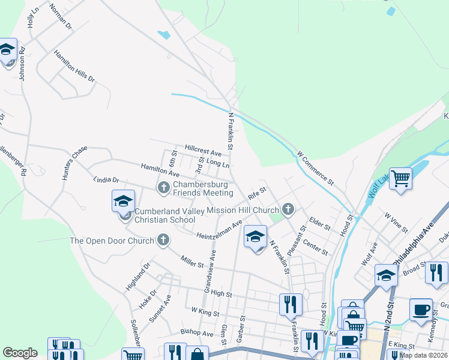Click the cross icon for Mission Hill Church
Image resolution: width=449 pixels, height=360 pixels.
pyautogui.click(x=288, y=210)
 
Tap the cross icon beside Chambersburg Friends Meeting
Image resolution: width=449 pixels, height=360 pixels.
pyautogui.click(x=163, y=188)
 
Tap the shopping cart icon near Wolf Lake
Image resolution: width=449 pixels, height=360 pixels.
pyautogui.click(x=400, y=178)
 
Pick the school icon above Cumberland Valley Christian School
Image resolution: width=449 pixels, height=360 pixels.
pyautogui.click(x=123, y=201)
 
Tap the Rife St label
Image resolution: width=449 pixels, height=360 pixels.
pyautogui.click(x=256, y=193)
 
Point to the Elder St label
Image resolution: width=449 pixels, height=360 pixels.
pyautogui.click(x=319, y=223)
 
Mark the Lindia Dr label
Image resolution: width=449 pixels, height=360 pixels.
pyautogui.click(x=106, y=179)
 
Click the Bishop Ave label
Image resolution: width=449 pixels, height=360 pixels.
pyautogui.click(x=197, y=333)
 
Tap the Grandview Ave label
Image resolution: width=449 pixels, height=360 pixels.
pyautogui.click(x=211, y=264)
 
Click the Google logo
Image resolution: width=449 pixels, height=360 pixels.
pyautogui.click(x=20, y=353)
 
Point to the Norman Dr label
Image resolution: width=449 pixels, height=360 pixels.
pyautogui.click(x=61, y=17)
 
